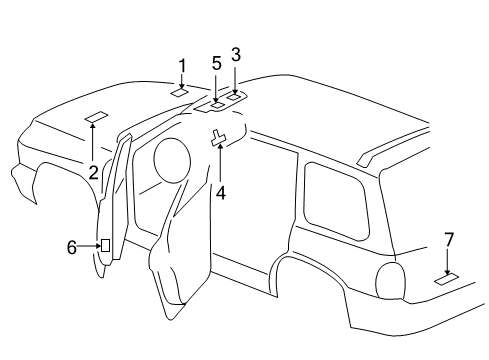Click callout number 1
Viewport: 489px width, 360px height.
coord(182,66)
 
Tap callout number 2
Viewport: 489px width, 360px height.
coord(92,172)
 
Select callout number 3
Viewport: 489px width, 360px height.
coord(236,54)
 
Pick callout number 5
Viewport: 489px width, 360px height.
coord(217,63)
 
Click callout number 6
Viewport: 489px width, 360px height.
coord(71,246)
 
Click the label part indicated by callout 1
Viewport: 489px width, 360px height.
coord(180,92)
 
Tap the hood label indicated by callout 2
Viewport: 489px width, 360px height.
coord(95,117)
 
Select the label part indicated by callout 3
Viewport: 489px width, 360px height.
coord(237,97)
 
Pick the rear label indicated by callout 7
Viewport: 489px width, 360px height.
coord(446,279)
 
